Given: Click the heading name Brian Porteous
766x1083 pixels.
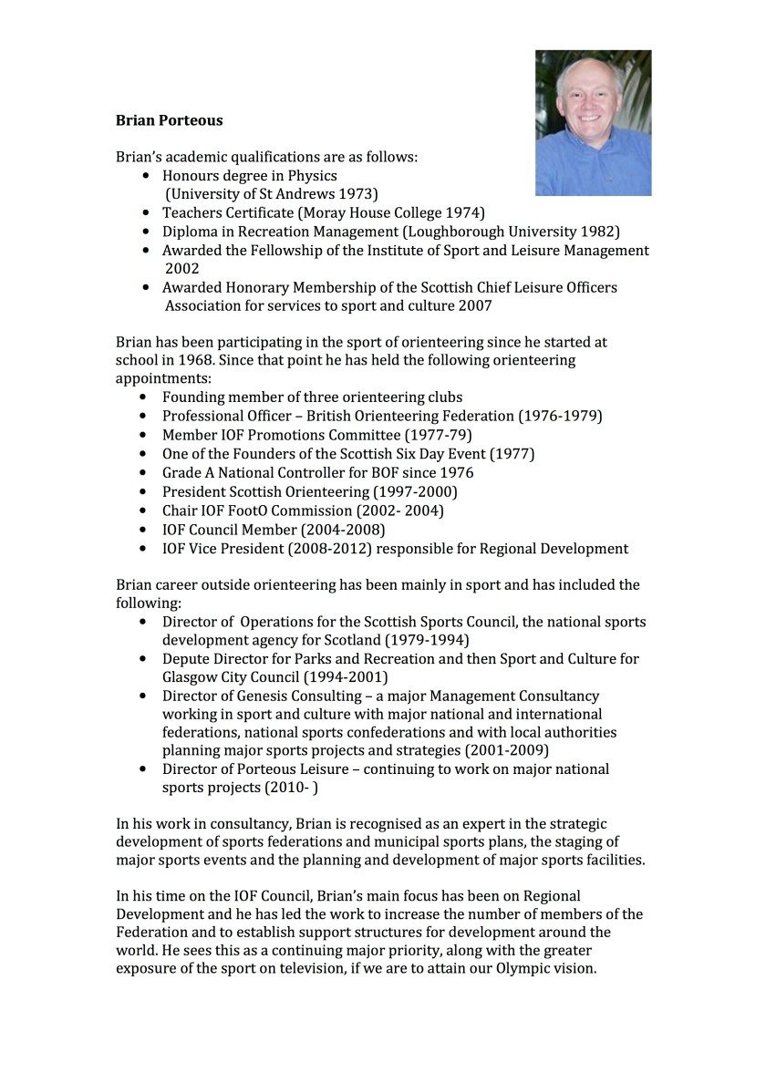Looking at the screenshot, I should tap(169, 120).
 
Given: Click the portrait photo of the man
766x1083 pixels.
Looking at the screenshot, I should tap(593, 123).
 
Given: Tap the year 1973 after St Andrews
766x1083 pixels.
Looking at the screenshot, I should tap(357, 194).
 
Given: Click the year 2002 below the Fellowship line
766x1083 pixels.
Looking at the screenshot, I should tap(181, 269).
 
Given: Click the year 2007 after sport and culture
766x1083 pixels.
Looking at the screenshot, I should tap(474, 306).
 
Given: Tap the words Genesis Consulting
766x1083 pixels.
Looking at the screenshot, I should tap(291, 696).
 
